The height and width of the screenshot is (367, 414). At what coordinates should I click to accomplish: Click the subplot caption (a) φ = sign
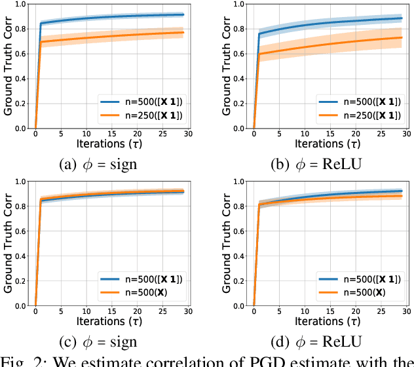(98, 164)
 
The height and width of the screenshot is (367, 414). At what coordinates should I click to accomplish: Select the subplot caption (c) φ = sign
(98, 341)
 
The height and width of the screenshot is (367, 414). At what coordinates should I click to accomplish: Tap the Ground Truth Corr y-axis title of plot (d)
(226, 243)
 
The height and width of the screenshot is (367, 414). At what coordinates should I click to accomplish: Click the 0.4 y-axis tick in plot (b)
(241, 79)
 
